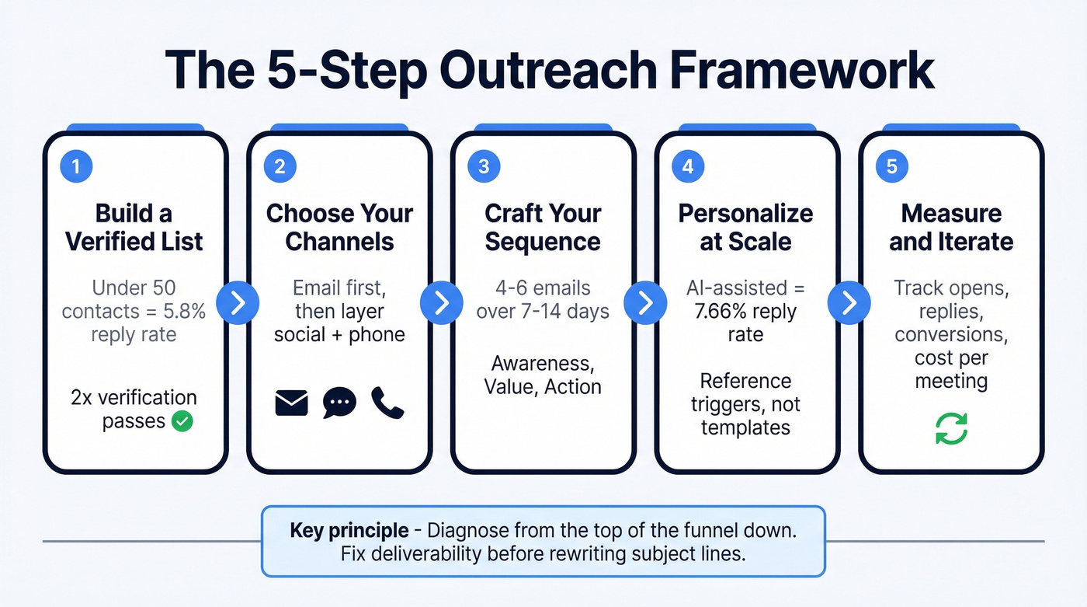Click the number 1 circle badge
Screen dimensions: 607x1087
pos(77,166)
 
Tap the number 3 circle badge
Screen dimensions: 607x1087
pos(484,166)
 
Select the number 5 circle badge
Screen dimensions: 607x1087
pos(892,166)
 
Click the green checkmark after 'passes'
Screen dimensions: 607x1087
pos(182,421)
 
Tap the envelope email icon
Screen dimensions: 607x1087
pos(292,403)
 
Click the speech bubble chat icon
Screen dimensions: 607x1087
pos(339,403)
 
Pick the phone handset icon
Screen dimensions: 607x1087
pos(387,403)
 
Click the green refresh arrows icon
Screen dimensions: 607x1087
pos(951,428)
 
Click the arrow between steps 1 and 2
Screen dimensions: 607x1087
pos(238,302)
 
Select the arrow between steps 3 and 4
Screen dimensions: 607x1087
pos(644,302)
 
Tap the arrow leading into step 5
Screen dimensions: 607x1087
pos(849,302)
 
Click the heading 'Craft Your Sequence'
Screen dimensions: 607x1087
pos(542,227)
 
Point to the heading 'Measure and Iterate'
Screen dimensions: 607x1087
pos(951,227)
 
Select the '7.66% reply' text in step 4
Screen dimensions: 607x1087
pos(745,312)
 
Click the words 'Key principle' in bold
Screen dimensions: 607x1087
pos(349,531)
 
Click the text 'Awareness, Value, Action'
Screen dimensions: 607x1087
pos(542,374)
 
